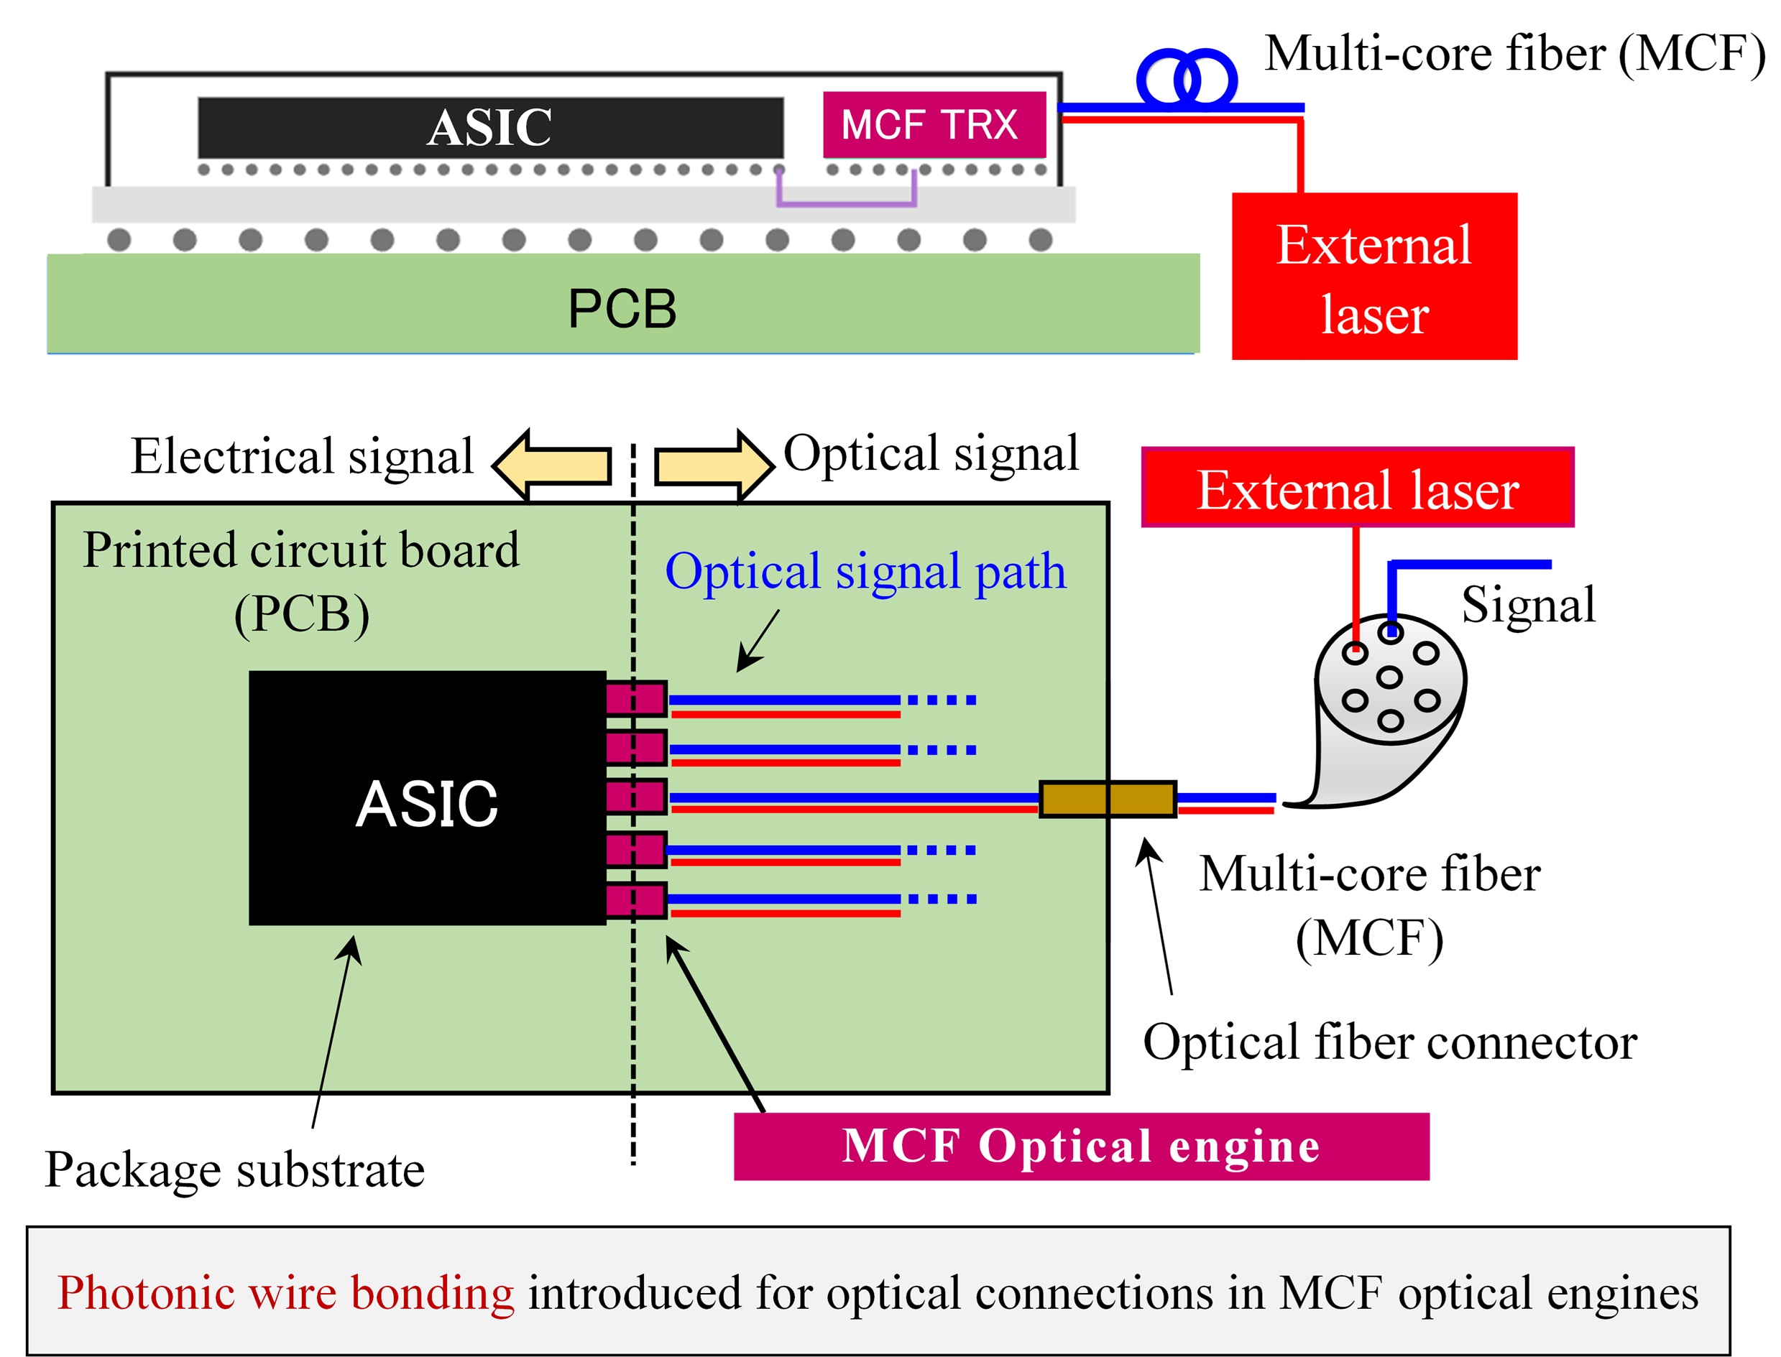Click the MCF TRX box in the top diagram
pos(934,125)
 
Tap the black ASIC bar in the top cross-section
pos(489,128)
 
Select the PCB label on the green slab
pos(622,309)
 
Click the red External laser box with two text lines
pos(1373,277)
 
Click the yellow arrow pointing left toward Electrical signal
pos(553,466)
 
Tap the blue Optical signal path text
pos(865,572)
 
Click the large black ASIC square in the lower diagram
pos(427,798)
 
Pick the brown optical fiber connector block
pos(1107,799)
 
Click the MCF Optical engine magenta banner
pos(1080,1147)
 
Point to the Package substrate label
pos(234,1170)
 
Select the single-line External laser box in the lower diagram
pos(1357,488)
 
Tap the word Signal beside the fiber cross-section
pos(1528,604)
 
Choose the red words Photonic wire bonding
pos(285,1293)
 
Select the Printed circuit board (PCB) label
pos(300,582)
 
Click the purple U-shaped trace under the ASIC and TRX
pos(846,201)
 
